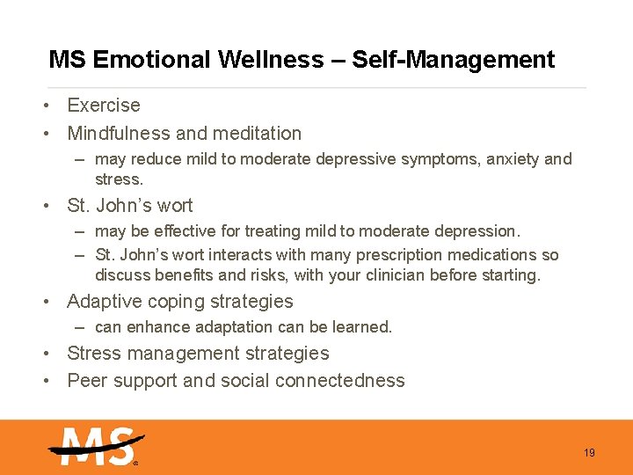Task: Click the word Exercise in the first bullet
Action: (104, 106)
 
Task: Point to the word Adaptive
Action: (105, 302)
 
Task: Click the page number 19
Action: (589, 453)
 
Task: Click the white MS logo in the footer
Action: (95, 446)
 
